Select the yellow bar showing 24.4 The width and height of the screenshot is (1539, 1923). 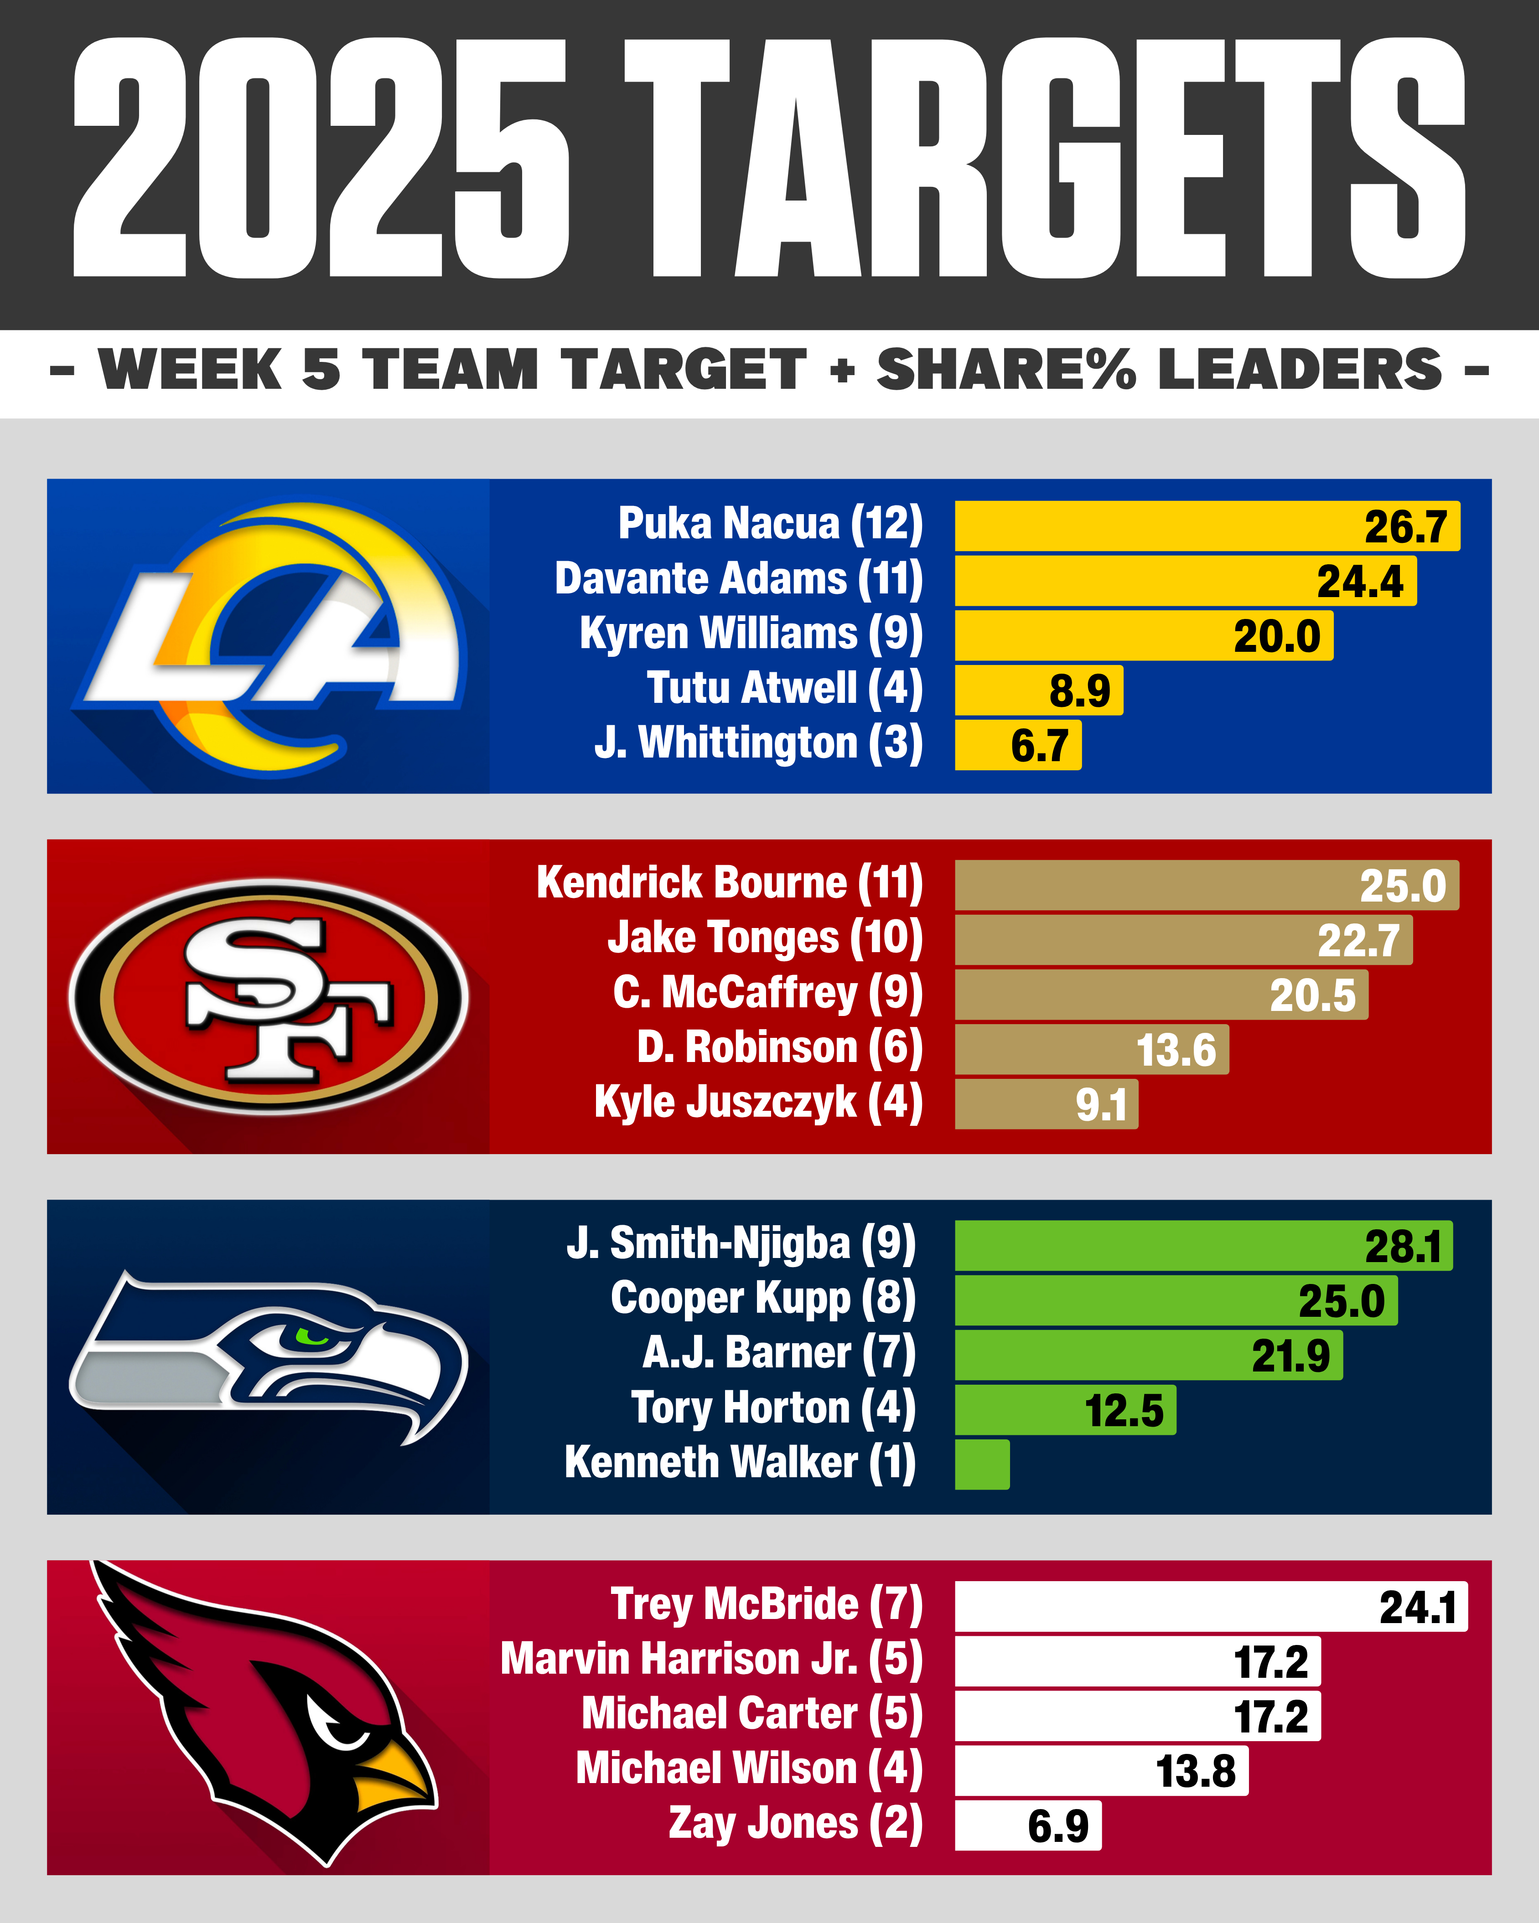point(1185,581)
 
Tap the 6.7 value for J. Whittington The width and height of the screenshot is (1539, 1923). point(1039,746)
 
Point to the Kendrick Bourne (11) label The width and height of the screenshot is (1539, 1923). point(729,883)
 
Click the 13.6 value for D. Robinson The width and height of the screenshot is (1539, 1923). point(1176,1050)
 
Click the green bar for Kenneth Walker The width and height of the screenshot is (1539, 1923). point(981,1464)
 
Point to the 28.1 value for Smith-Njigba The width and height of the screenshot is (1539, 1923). point(1403,1247)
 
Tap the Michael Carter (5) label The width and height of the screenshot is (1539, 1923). point(751,1714)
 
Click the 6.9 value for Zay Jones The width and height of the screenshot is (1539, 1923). point(1058,1826)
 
